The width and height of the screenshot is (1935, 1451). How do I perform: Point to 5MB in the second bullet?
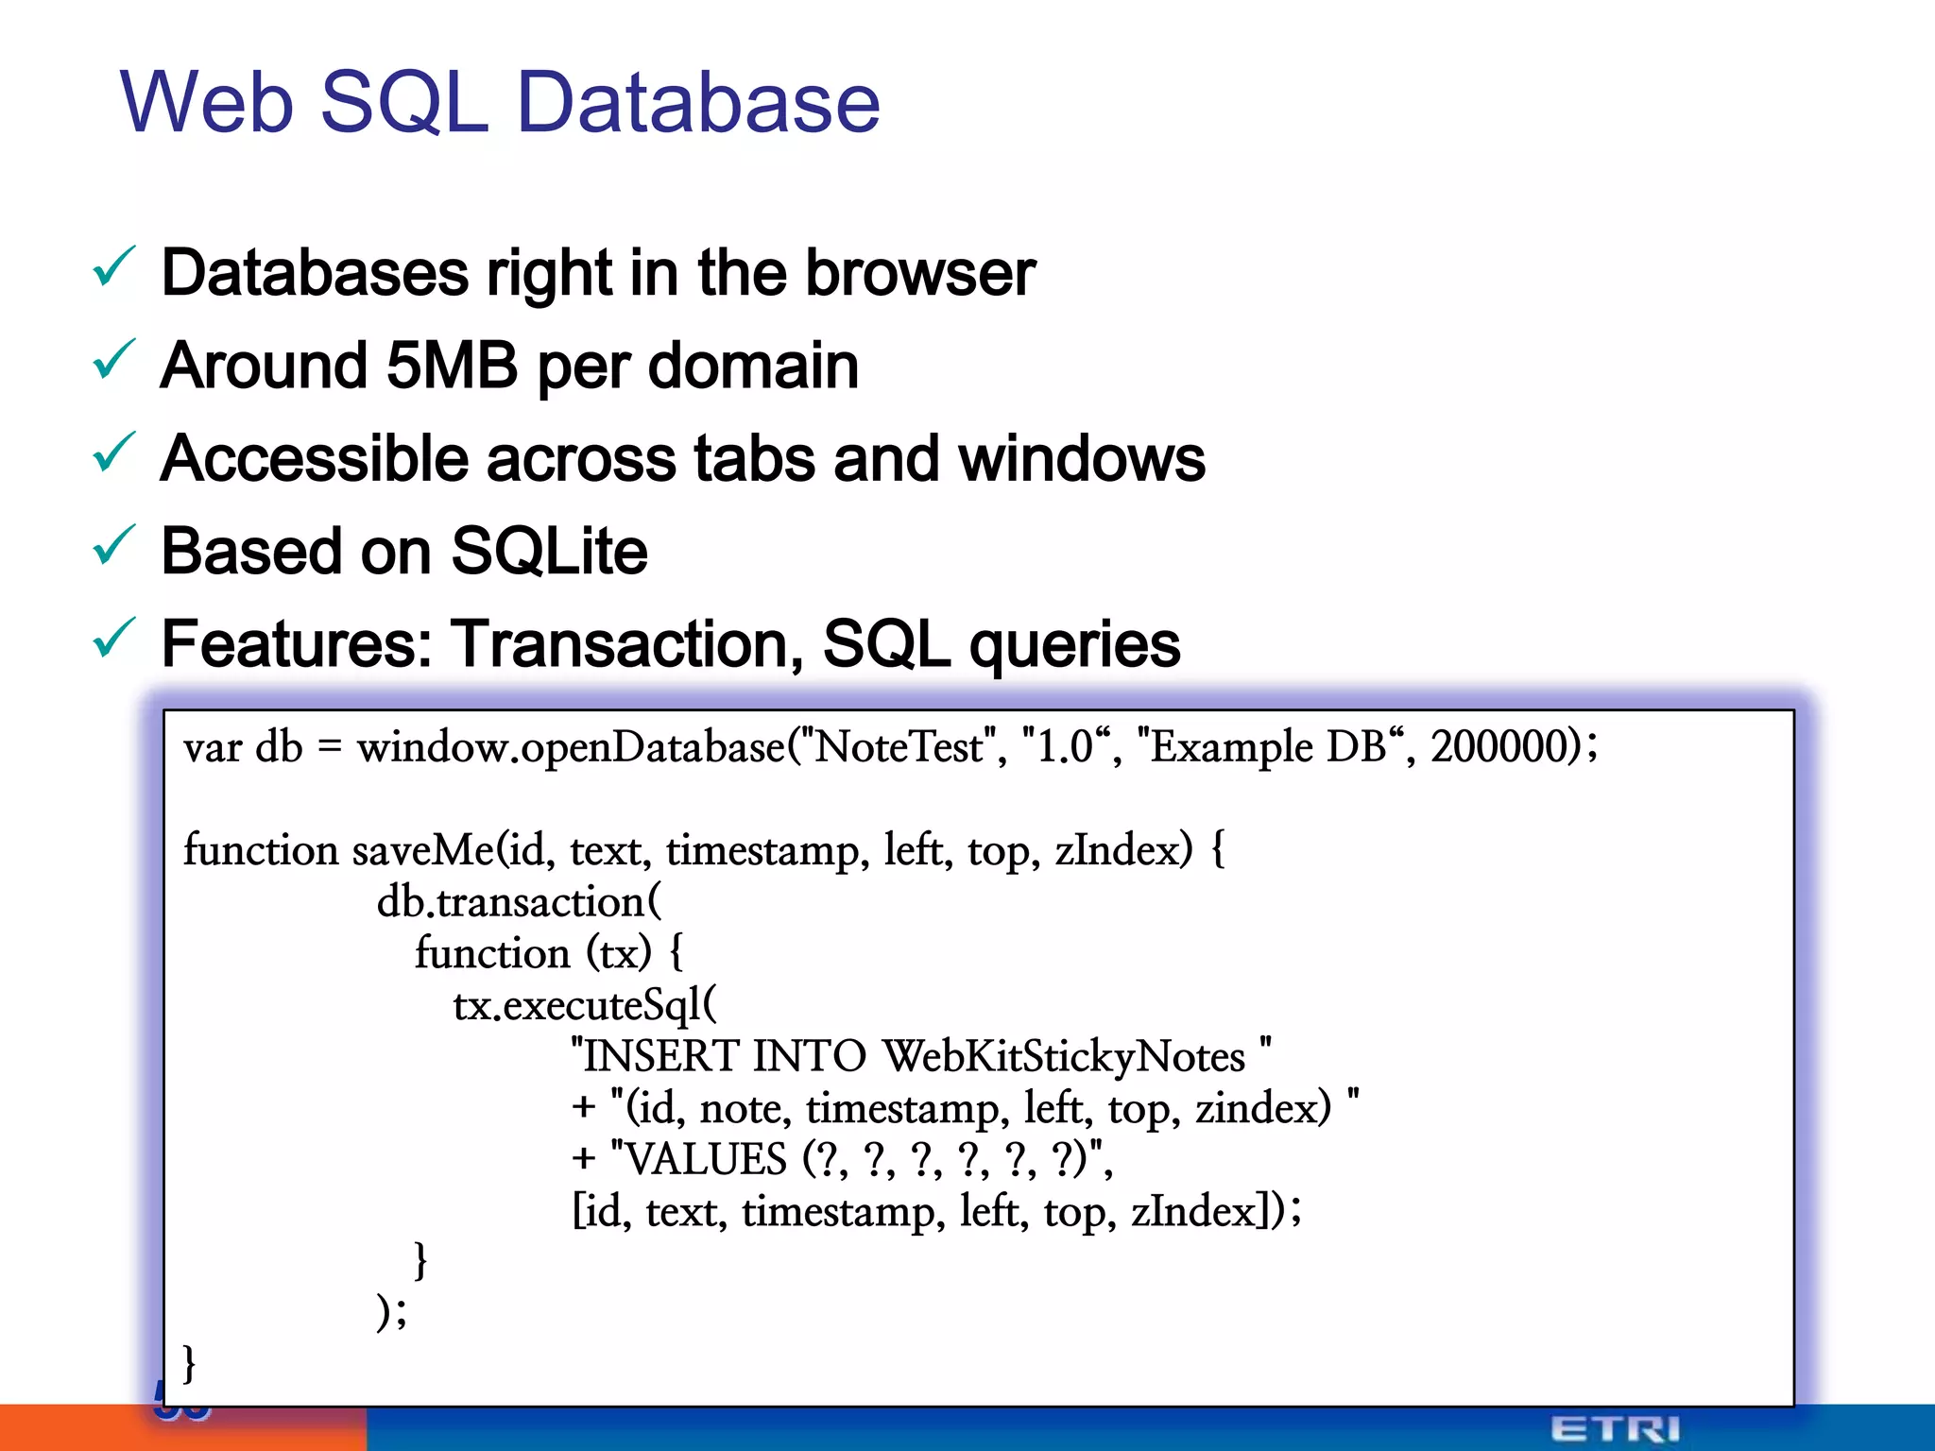(x=452, y=367)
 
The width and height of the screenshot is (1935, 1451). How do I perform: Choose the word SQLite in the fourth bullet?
(x=549, y=552)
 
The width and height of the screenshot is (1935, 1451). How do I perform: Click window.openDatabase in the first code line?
(x=570, y=748)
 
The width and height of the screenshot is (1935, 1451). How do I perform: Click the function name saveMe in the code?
(x=423, y=850)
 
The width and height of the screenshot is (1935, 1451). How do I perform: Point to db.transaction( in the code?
(x=519, y=902)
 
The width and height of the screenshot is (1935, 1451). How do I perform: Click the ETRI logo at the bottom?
(x=1615, y=1428)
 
